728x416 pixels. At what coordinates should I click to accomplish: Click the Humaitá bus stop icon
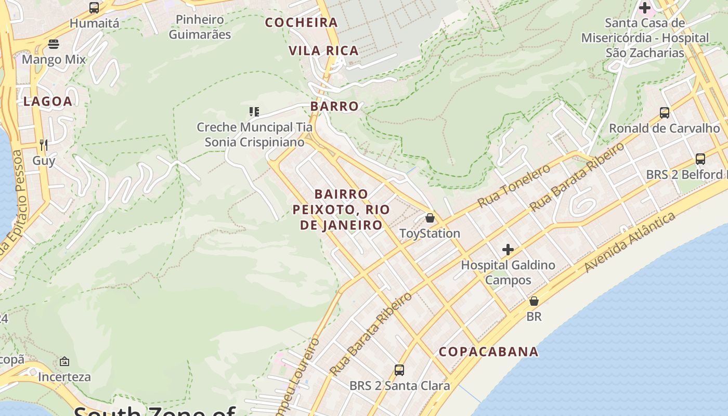click(94, 8)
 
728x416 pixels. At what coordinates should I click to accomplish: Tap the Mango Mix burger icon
click(54, 44)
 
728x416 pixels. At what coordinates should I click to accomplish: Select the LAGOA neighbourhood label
click(47, 101)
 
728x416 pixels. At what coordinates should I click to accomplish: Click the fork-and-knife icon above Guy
click(44, 145)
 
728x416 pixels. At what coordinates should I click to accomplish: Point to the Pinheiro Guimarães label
click(200, 27)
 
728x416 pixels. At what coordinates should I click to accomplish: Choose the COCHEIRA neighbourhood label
click(302, 22)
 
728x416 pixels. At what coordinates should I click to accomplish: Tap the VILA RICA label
click(323, 50)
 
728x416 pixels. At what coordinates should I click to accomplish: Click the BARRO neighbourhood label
click(334, 106)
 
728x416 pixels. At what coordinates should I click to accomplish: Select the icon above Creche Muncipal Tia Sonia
click(254, 111)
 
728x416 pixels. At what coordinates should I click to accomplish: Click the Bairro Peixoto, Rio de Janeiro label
click(341, 210)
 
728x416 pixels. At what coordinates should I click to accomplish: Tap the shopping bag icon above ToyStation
click(430, 217)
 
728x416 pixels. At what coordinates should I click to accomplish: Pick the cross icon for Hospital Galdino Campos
click(508, 250)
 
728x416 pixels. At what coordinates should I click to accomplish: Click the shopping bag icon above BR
click(534, 301)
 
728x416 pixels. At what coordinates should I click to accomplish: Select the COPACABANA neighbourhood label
click(488, 352)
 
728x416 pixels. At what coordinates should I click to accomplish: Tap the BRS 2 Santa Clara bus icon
click(399, 370)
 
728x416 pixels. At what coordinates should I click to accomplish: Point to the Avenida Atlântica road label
click(630, 242)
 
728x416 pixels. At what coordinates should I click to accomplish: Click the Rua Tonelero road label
click(514, 186)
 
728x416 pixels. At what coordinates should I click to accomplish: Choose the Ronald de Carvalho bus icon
click(664, 112)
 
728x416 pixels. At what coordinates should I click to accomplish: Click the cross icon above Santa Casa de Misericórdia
click(645, 8)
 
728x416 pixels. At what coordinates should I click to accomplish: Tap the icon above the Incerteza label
click(64, 361)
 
